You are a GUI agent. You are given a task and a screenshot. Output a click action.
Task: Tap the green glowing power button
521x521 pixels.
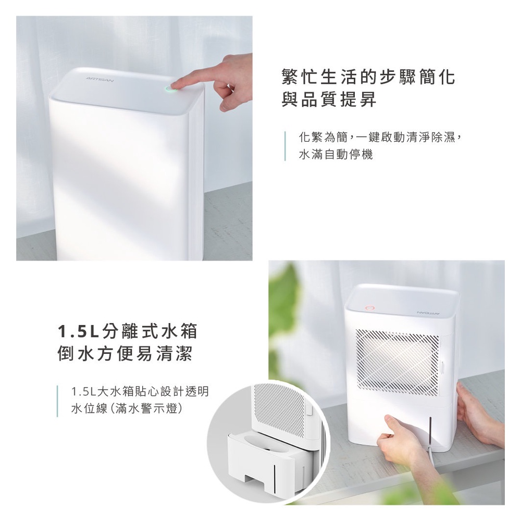[171, 89]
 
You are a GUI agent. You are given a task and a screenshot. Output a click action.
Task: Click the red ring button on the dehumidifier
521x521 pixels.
[370, 308]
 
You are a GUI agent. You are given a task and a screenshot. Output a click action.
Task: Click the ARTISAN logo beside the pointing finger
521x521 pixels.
[100, 79]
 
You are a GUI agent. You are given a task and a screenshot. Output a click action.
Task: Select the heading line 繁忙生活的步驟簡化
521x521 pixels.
[368, 78]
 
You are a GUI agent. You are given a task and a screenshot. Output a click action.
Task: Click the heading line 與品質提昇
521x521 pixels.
[329, 98]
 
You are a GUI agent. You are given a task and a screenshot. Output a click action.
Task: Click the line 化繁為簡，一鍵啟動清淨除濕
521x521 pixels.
[380, 137]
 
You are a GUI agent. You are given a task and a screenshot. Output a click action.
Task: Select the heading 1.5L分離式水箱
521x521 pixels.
[128, 331]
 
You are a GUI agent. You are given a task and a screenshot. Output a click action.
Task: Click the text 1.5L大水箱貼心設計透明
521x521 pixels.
[140, 391]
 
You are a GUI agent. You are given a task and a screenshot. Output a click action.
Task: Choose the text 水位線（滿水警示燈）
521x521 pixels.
[127, 408]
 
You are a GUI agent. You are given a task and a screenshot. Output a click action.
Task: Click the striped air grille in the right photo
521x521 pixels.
[398, 363]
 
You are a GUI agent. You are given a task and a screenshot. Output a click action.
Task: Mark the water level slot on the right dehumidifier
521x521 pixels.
[430, 431]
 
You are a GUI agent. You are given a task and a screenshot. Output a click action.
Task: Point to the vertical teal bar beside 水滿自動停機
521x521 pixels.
[285, 146]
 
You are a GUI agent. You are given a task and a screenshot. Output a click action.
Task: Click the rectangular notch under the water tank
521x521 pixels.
[255, 480]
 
